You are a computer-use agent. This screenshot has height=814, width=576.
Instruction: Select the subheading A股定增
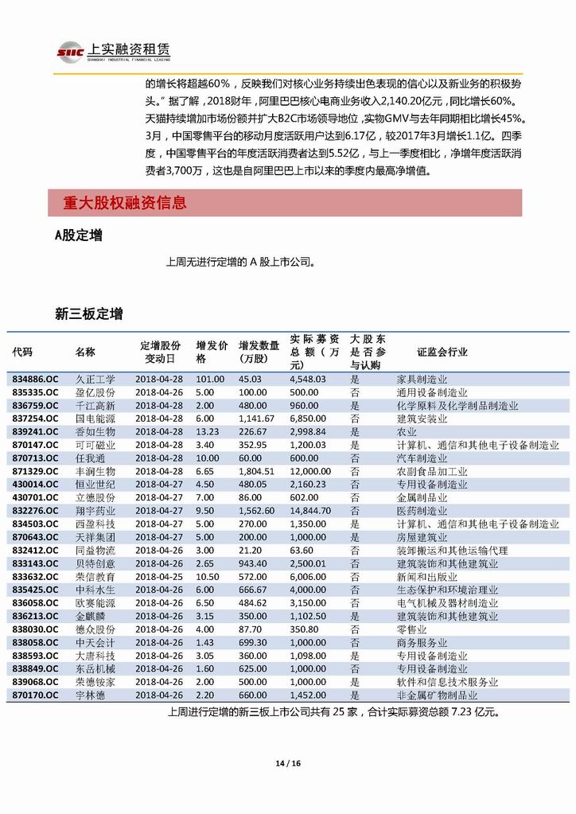(77, 236)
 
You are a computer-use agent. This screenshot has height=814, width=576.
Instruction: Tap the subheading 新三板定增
(88, 314)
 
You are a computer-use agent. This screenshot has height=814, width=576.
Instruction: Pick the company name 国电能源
(95, 419)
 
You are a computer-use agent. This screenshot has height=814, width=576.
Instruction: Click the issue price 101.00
(210, 380)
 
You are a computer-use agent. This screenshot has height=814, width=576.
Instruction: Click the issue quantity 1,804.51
(256, 471)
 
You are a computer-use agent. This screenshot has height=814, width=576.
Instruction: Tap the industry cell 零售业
(411, 629)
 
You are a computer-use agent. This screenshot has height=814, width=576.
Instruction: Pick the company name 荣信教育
(95, 576)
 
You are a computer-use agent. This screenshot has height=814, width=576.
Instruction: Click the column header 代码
(22, 352)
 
